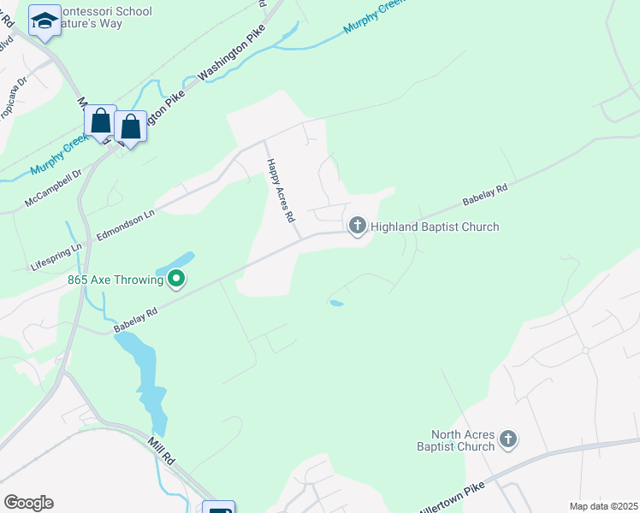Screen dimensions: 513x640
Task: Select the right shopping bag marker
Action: coord(130,127)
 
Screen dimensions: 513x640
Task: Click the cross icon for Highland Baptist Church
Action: coord(357,227)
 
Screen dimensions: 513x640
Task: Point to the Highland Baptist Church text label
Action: coord(435,227)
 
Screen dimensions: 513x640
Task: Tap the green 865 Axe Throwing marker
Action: coord(176,278)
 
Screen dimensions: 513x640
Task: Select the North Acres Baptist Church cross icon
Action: coord(508,439)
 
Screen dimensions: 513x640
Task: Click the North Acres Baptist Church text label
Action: coord(463,440)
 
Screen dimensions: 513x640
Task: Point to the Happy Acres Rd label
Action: coord(280,192)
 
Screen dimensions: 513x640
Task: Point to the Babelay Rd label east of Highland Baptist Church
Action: coord(485,194)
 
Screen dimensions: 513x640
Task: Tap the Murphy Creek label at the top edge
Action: coord(372,17)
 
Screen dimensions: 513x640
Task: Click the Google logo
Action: coord(28,503)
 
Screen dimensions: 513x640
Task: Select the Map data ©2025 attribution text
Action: coord(602,506)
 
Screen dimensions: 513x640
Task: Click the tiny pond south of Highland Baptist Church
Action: coord(336,303)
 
